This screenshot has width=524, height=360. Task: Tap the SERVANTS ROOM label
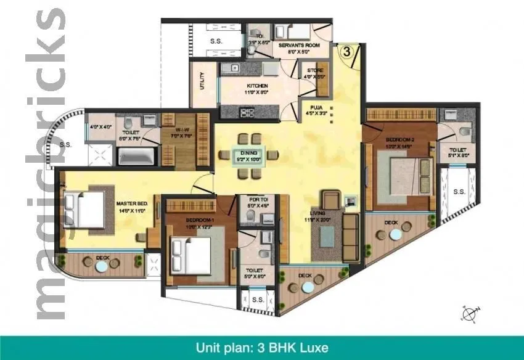(x=298, y=45)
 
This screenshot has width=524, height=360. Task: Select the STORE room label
(x=315, y=71)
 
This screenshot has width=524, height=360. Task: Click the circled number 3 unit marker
(x=346, y=52)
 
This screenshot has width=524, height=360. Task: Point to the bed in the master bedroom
(x=83, y=210)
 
